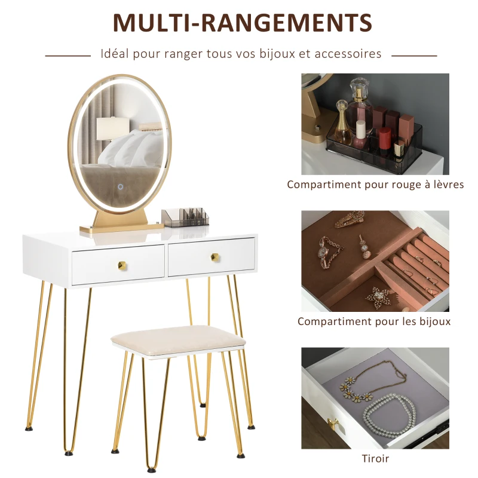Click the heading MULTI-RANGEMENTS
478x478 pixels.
tap(243, 22)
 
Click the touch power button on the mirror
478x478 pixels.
tap(121, 186)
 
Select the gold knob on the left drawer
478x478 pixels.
tap(122, 265)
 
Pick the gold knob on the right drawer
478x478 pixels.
tap(215, 258)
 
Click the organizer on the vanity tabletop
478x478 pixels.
tap(185, 217)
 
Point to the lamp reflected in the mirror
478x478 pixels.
tap(112, 128)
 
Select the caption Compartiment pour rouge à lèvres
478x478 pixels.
tap(375, 185)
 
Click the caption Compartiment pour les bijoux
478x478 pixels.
tap(374, 321)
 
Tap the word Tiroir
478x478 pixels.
tap(375, 458)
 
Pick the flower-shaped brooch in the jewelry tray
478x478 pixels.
tap(378, 296)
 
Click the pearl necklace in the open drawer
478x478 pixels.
tap(390, 413)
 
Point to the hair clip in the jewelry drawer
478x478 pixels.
tap(350, 219)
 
